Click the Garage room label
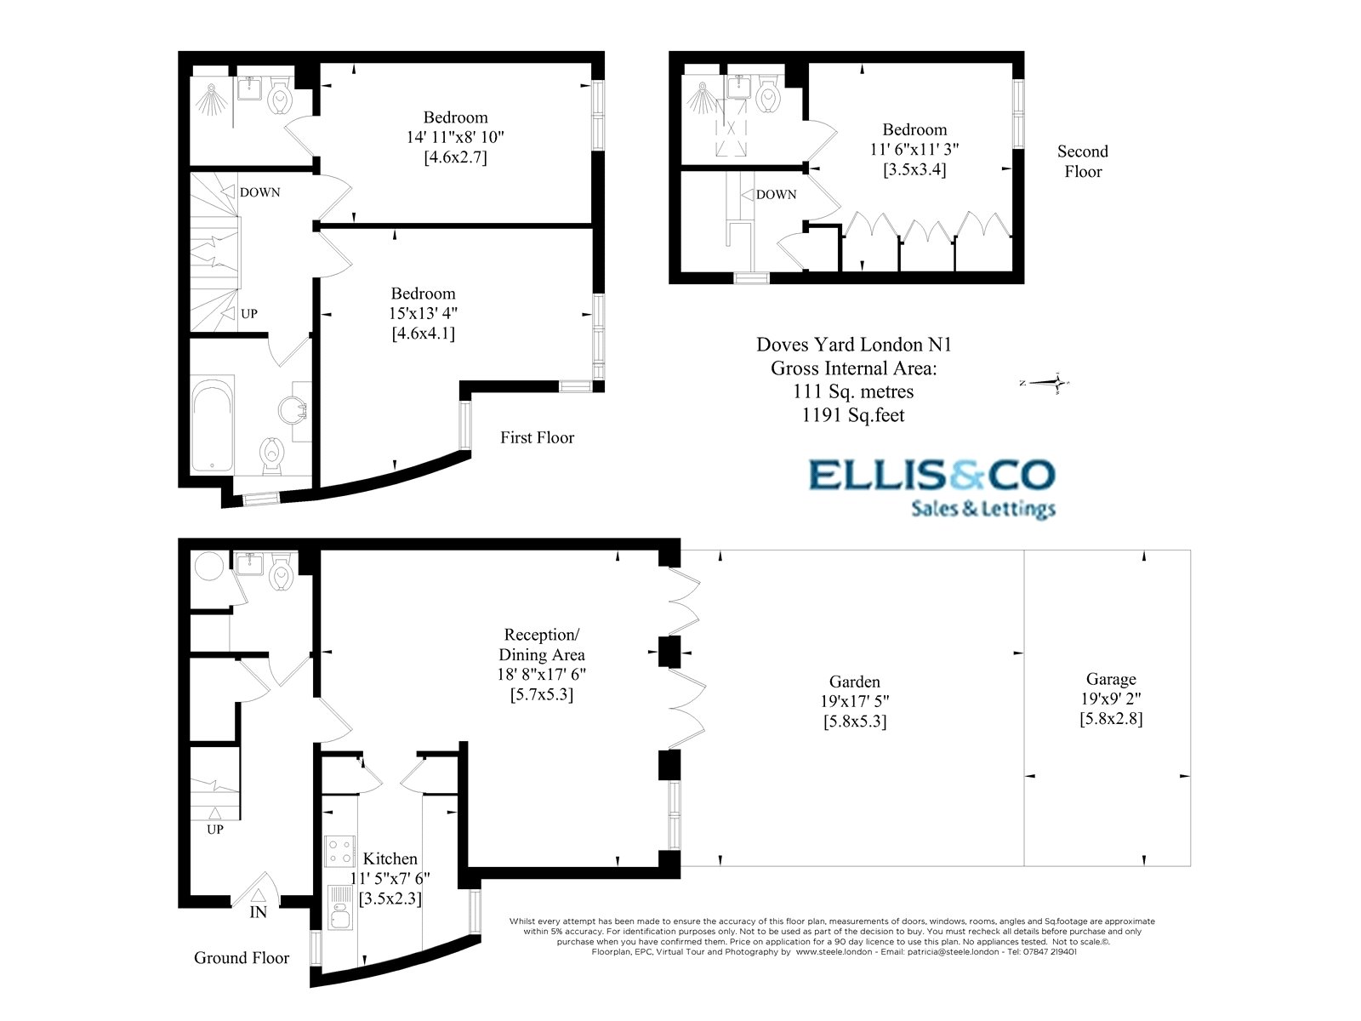(1111, 679)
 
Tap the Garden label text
(855, 682)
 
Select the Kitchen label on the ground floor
(390, 859)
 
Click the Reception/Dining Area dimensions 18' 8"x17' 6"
(542, 675)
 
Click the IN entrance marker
(258, 912)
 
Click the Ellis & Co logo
(931, 487)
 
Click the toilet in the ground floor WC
(281, 576)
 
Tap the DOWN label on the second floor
(776, 195)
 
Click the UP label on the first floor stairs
(248, 314)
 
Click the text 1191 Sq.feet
(853, 415)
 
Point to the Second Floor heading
(1082, 161)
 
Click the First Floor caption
(537, 437)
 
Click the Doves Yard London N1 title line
(853, 345)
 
